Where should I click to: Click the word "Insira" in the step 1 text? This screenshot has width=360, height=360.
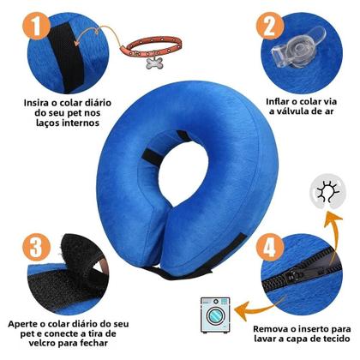click(x=40, y=100)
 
